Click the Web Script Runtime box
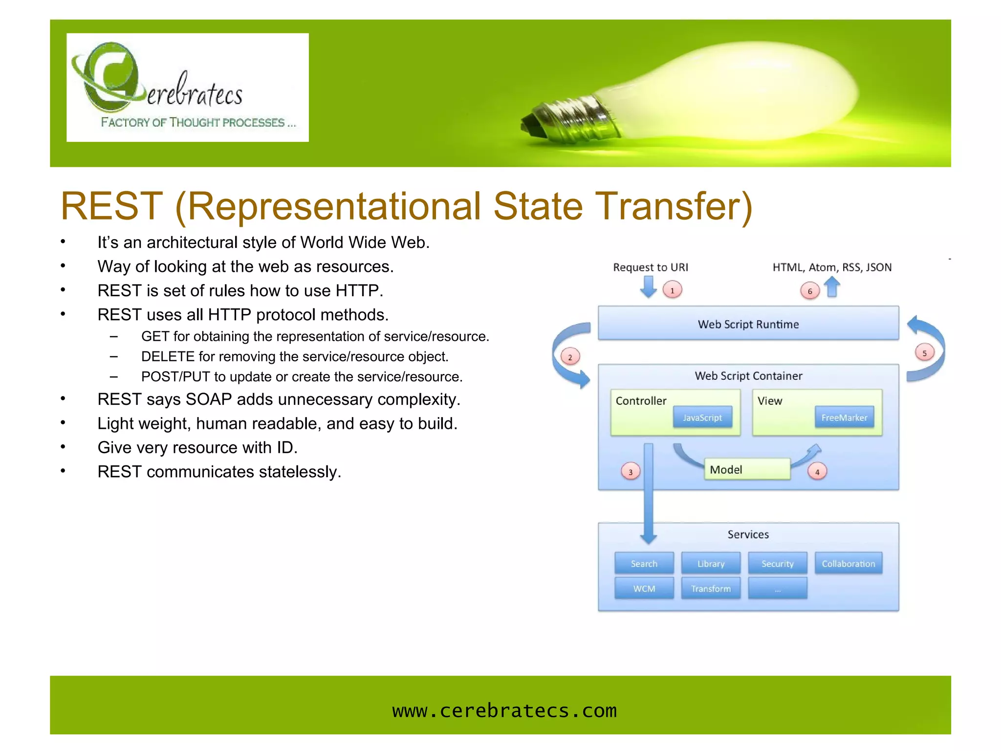[x=748, y=323]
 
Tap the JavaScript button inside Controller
[x=702, y=418]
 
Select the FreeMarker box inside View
[x=844, y=418]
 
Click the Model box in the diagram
[x=746, y=469]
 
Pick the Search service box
[x=644, y=563]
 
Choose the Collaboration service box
[x=848, y=563]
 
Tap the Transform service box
[x=711, y=588]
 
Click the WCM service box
[x=644, y=588]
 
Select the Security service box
[x=777, y=563]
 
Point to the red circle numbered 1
[x=672, y=290]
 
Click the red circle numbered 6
[x=810, y=291]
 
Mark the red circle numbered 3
[x=631, y=472]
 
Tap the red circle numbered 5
[x=924, y=353]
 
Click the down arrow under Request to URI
[x=649, y=287]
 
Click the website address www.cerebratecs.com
[x=504, y=710]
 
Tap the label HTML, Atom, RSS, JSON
[x=832, y=267]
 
